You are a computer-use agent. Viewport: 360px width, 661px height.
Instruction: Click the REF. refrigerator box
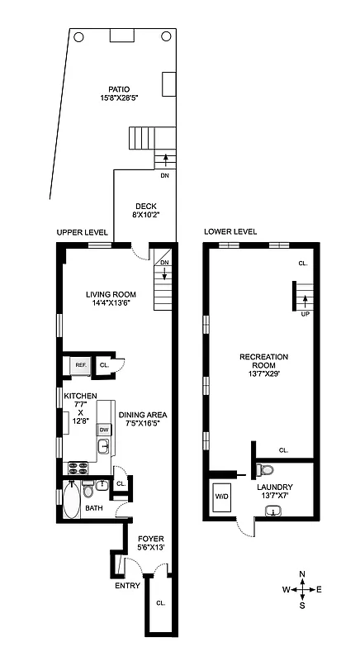(80, 364)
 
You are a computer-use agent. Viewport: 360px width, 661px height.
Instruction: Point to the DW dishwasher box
(105, 430)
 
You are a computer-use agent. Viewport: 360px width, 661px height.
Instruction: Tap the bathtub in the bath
(71, 500)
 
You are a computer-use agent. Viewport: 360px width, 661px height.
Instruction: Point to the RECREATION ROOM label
(263, 361)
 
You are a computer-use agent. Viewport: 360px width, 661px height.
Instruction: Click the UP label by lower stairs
(304, 314)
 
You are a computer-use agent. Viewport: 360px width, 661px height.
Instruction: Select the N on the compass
(303, 573)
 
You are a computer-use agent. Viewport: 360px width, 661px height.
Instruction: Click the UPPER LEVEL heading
(79, 232)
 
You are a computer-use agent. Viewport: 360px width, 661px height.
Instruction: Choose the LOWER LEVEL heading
(230, 232)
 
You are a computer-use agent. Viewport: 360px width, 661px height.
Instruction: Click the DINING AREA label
(144, 420)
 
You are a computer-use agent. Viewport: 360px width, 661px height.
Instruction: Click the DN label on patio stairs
(164, 175)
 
